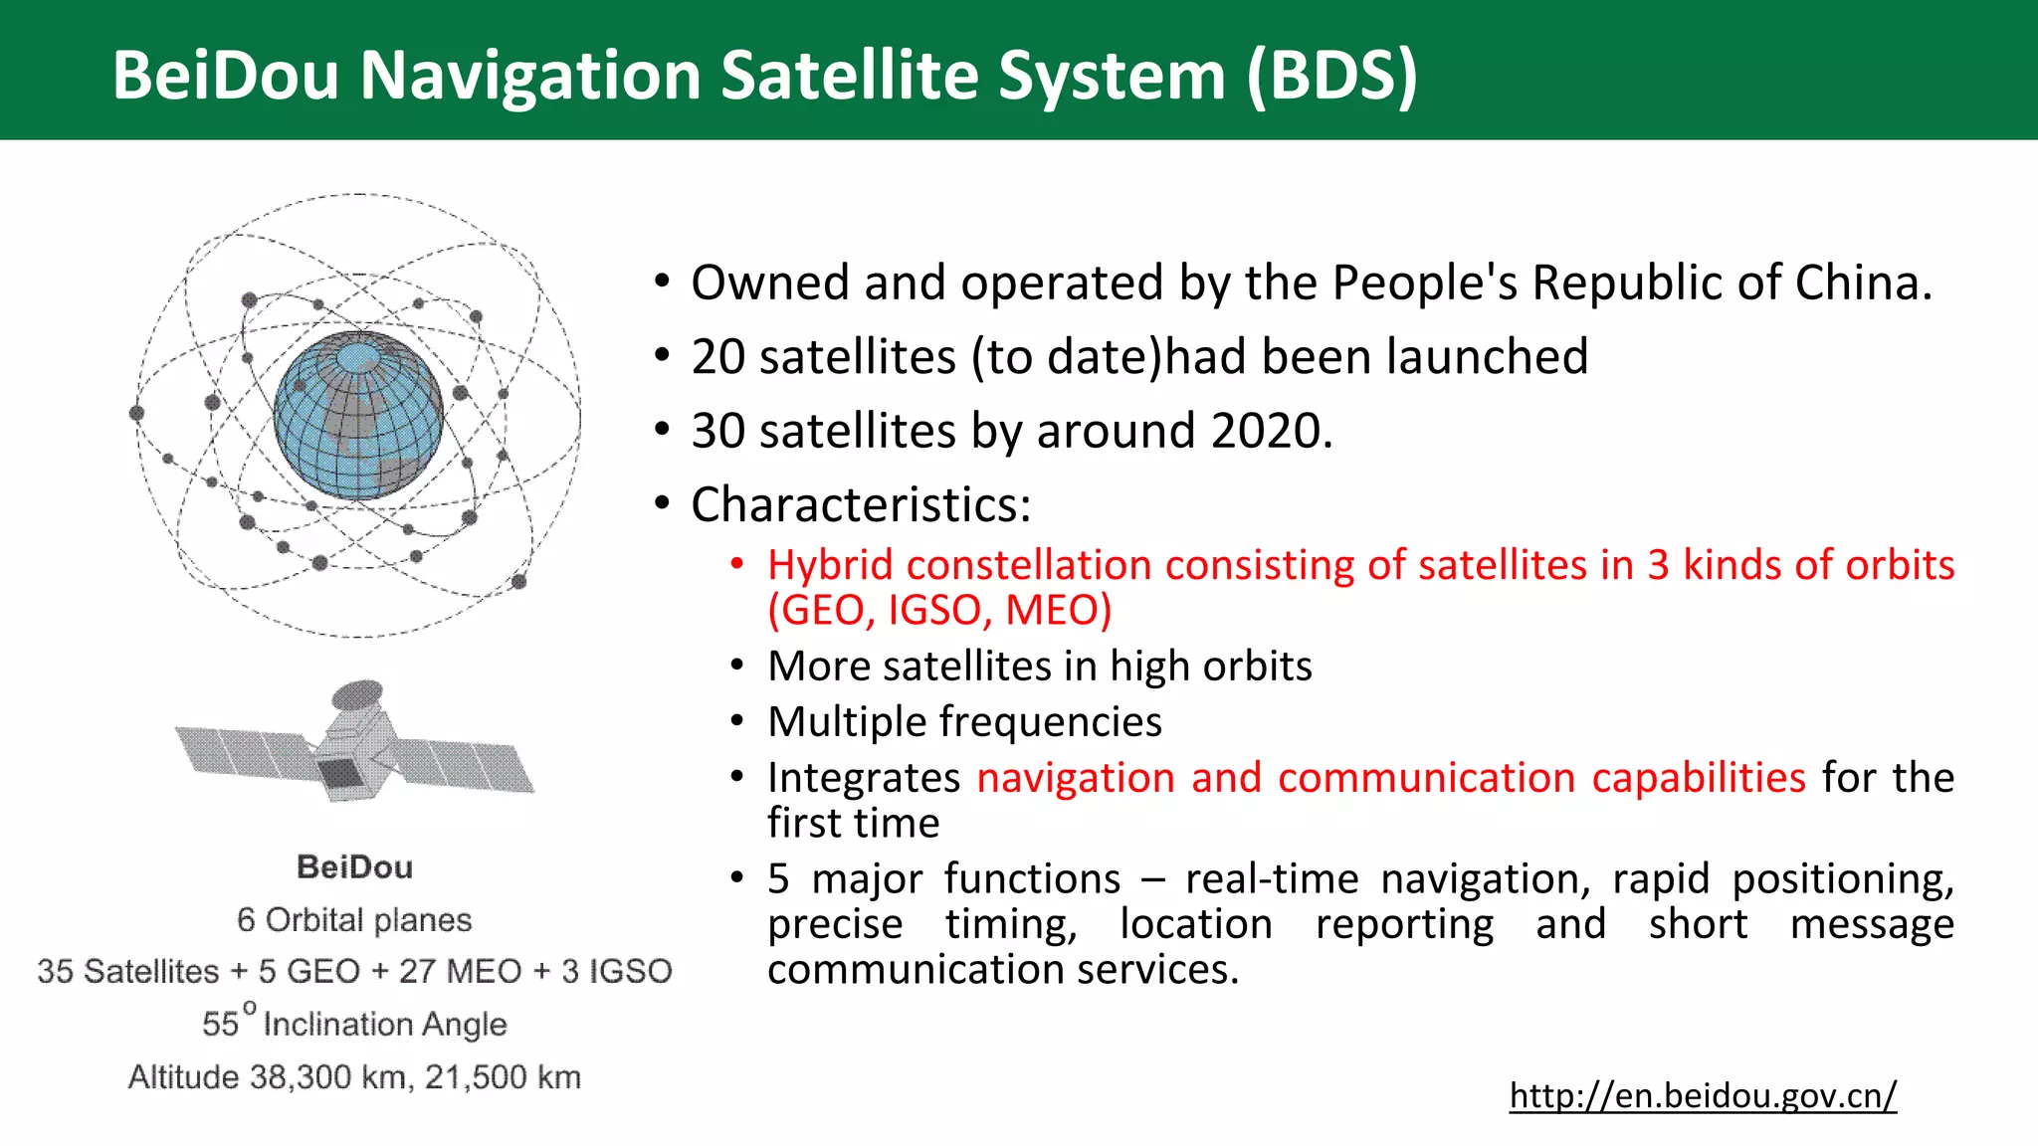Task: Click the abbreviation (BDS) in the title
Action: tap(1331, 76)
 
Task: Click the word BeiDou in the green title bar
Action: tap(226, 76)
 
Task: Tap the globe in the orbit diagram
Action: tap(358, 415)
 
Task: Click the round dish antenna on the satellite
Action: tap(357, 693)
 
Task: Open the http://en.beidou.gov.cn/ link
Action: tap(1703, 1095)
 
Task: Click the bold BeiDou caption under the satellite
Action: tap(354, 867)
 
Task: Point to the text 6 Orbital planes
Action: tap(354, 919)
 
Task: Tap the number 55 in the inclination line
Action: tap(220, 1024)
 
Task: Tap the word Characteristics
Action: tap(860, 504)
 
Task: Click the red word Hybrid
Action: tap(830, 565)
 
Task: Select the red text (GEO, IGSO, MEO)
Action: tap(939, 610)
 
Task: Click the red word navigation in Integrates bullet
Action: tap(1076, 777)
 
